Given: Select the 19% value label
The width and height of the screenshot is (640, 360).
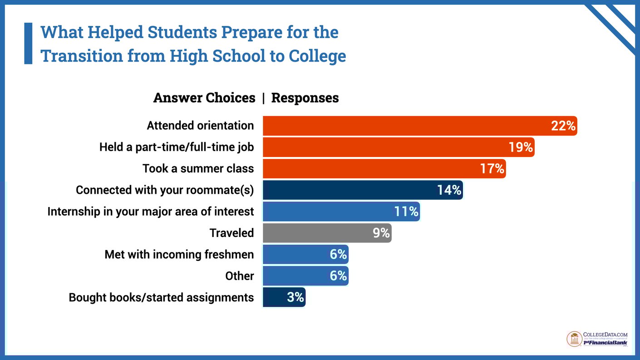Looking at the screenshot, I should (520, 147).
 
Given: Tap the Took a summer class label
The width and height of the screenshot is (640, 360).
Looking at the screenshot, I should (198, 168).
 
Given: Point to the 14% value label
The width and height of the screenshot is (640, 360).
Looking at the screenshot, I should (449, 190).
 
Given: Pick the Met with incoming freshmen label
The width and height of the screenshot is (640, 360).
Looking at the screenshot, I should (179, 254).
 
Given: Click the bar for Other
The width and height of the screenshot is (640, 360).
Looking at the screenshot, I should (295, 276).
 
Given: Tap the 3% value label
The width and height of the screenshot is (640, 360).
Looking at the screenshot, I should (295, 297).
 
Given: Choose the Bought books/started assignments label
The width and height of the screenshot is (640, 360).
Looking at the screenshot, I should (161, 297).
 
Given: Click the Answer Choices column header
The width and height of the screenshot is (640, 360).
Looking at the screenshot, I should (204, 98).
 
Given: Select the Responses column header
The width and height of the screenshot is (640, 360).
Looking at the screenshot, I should (305, 98).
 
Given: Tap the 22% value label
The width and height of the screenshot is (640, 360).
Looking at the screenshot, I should (563, 126).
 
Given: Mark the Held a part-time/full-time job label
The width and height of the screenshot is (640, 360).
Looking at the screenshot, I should (177, 147).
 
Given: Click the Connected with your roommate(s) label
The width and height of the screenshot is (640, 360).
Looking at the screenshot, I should (165, 190).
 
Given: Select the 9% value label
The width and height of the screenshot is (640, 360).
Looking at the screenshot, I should (381, 233).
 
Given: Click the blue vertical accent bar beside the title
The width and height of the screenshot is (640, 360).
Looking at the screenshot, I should (28, 43).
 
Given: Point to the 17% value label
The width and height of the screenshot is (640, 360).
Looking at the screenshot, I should (492, 168).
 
